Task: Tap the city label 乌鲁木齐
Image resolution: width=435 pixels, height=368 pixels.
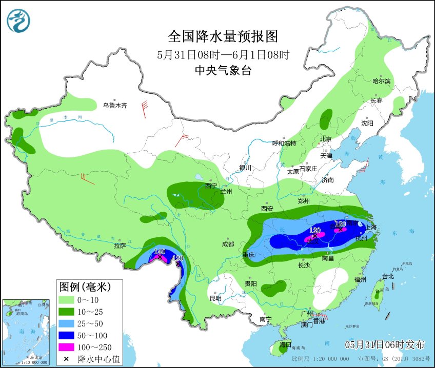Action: (114, 106)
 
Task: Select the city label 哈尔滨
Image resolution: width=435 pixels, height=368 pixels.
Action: (381, 81)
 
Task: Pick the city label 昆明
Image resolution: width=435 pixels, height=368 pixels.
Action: (215, 298)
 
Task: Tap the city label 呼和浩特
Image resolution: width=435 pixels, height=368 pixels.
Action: (284, 143)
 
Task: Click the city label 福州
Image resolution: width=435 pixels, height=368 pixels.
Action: (360, 279)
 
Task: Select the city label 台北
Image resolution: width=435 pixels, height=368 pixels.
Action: (388, 276)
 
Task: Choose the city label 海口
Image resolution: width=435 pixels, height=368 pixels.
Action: (284, 344)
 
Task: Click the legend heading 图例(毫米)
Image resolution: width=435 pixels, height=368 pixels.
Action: (84, 285)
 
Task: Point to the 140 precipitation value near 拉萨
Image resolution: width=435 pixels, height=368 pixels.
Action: (159, 252)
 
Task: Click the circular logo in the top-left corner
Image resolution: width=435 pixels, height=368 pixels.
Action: (18, 21)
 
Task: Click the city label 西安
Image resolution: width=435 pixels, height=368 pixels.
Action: (267, 208)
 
